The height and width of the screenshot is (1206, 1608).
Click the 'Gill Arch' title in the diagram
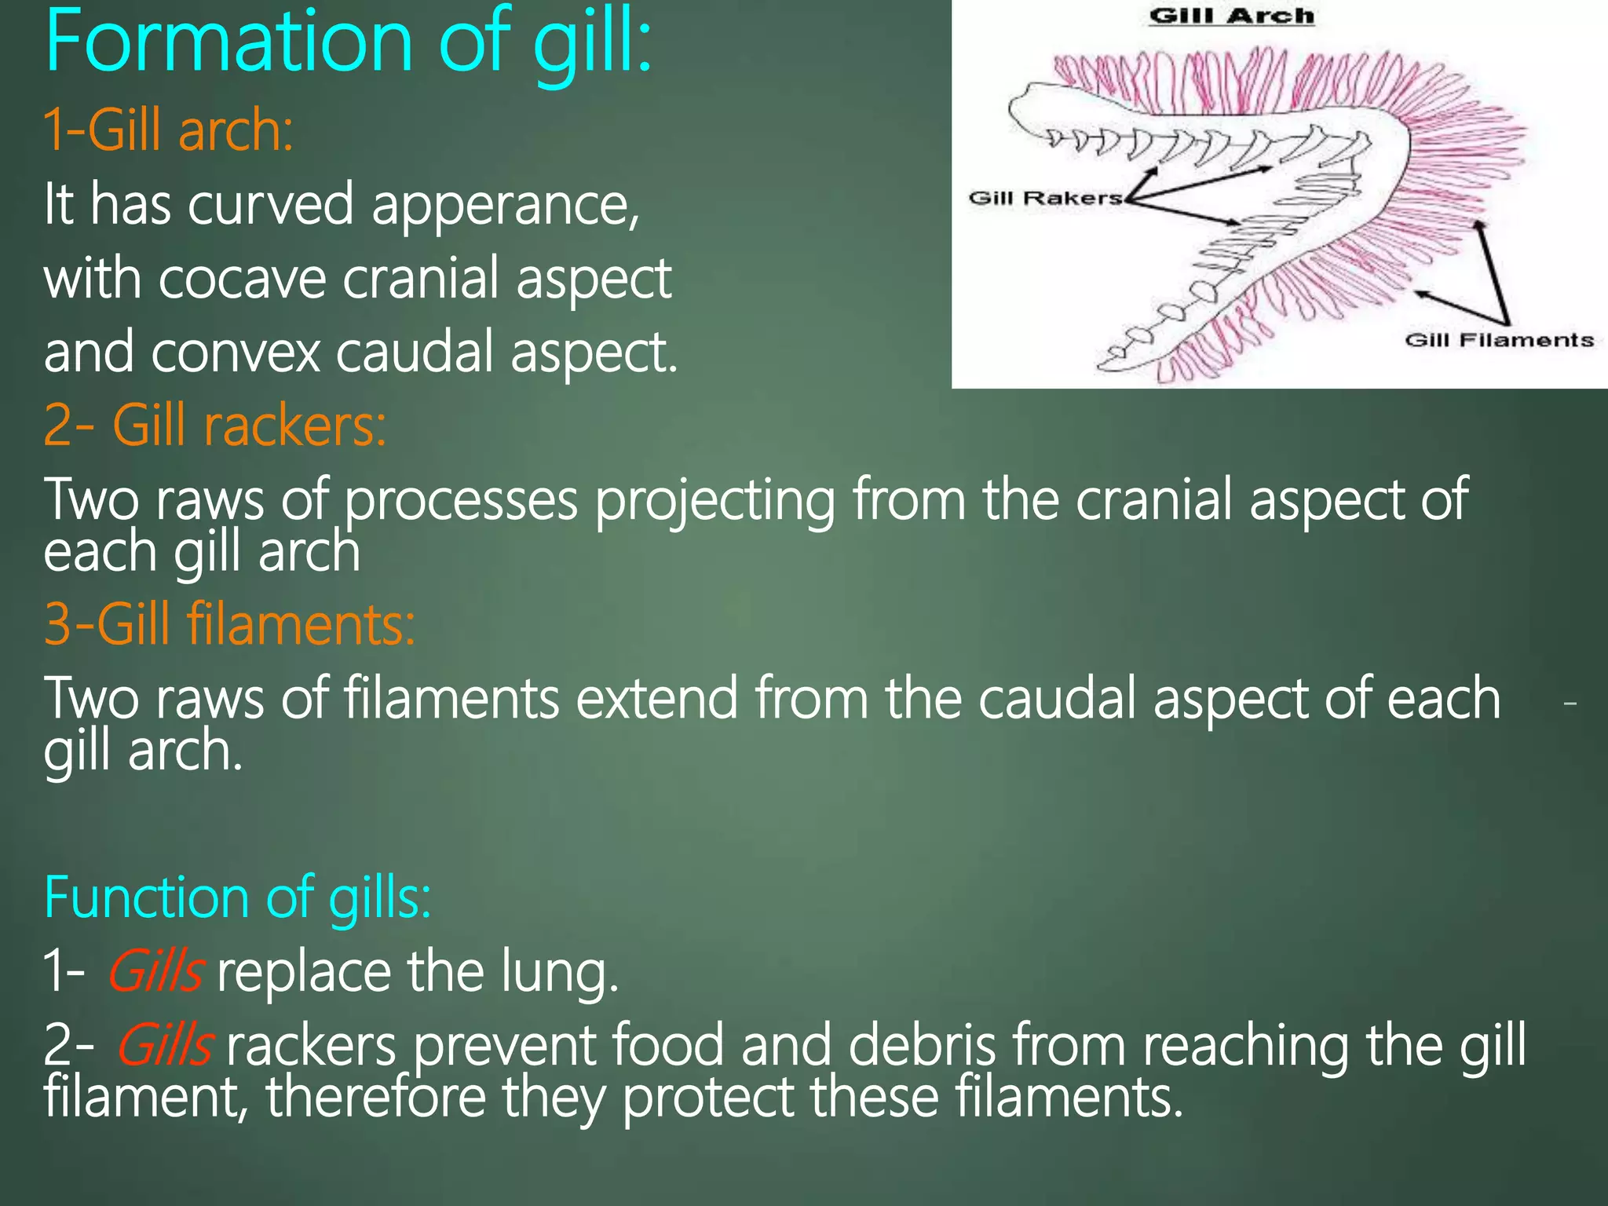(1230, 16)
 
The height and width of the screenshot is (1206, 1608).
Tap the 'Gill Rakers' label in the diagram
(1045, 198)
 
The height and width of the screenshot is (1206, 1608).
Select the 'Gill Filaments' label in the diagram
(1499, 340)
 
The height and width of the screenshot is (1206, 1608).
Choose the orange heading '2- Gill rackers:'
(214, 425)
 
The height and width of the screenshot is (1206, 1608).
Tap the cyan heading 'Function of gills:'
(237, 897)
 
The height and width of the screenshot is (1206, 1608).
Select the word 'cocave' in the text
(242, 279)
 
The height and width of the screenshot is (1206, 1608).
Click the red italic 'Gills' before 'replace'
(156, 972)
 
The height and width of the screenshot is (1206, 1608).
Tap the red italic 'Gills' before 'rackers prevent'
(165, 1045)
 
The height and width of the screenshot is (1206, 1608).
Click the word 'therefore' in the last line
(376, 1097)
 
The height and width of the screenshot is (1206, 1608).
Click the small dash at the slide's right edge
(1570, 703)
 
